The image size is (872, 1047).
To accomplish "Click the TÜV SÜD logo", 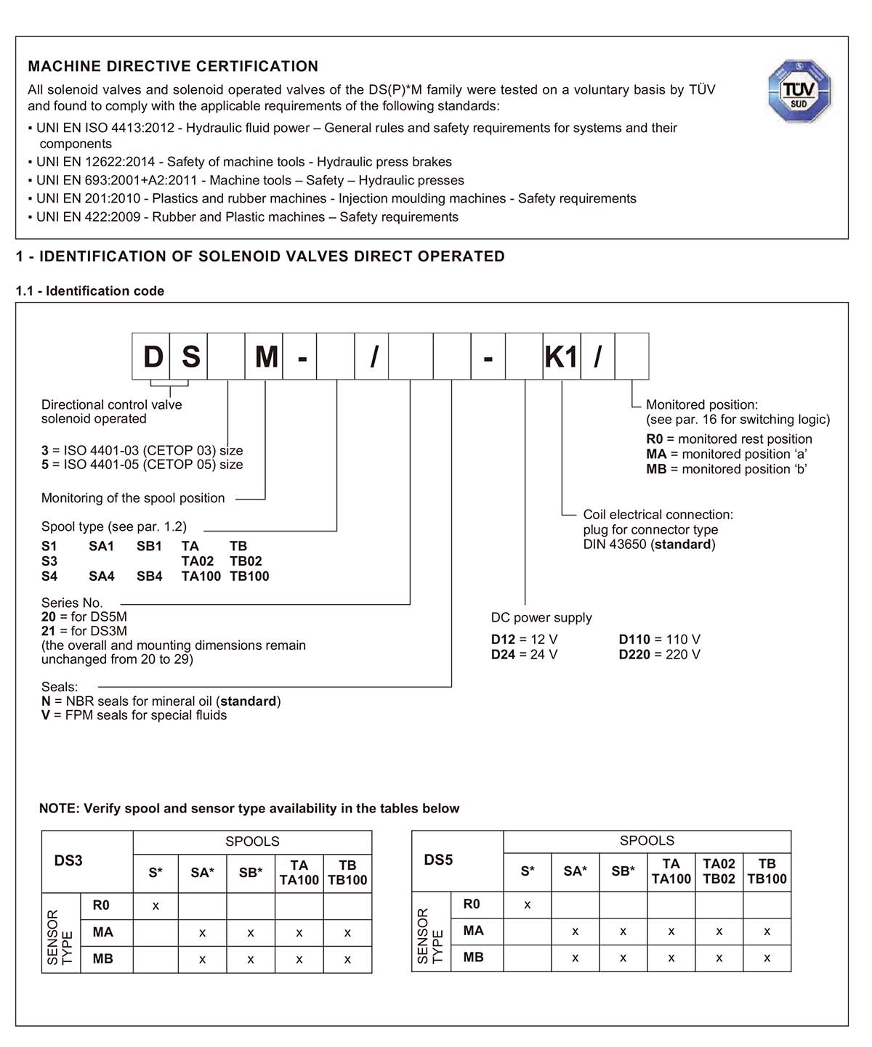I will (799, 91).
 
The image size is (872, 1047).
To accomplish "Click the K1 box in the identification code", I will (561, 357).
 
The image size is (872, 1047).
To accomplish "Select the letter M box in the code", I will (266, 357).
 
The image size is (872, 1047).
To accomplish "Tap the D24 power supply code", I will (503, 655).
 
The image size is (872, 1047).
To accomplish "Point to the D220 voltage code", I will (634, 655).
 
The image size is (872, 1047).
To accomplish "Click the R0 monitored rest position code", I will (654, 439).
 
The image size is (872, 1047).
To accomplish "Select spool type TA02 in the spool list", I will (198, 561).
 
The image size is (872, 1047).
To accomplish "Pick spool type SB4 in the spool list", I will (149, 577).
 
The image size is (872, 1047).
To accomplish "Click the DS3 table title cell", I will (68, 861).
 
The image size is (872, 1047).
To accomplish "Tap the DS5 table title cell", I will (438, 860).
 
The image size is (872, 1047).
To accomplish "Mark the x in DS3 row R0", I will (156, 906).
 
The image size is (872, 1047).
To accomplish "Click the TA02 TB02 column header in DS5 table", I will (719, 871).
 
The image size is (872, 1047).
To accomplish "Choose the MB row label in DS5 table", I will (473, 958).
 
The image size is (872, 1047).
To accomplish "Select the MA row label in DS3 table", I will (102, 932).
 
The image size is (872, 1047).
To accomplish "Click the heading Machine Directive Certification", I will (173, 67).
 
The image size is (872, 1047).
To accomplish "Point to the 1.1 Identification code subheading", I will (90, 291).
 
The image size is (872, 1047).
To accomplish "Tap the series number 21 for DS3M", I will (48, 631).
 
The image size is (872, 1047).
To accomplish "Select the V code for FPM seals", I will (46, 716).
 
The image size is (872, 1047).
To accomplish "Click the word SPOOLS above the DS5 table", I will (647, 841).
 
